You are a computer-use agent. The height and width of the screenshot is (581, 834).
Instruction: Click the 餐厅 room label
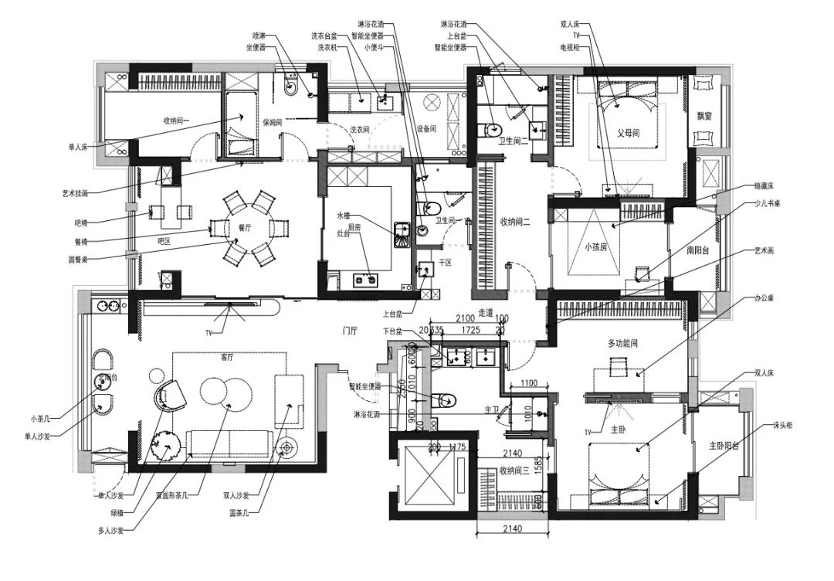point(245,228)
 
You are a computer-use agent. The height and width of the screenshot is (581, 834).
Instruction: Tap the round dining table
point(248,229)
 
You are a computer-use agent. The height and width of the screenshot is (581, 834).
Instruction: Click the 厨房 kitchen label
point(354,227)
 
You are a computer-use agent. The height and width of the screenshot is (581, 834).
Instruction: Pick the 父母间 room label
point(628,133)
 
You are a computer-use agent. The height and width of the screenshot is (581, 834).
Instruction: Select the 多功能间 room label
point(626,342)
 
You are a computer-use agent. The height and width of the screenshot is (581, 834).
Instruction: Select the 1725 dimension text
point(472,330)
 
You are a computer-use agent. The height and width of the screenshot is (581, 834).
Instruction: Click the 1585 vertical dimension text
point(537,467)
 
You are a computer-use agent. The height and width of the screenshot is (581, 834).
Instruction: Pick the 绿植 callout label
point(121,511)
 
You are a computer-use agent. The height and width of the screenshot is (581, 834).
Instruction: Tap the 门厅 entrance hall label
point(350,330)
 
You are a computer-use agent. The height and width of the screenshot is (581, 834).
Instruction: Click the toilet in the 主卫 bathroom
point(445,400)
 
